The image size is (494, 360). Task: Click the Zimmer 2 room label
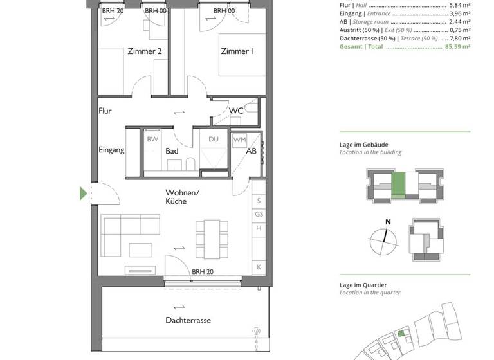click(144, 52)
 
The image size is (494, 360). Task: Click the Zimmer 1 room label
click(237, 52)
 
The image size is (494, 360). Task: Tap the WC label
click(236, 111)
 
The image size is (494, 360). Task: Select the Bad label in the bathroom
click(172, 151)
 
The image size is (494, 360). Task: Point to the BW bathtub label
click(152, 139)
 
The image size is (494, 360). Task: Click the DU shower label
click(214, 139)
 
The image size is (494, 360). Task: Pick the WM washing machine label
click(239, 139)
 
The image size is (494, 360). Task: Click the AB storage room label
click(252, 151)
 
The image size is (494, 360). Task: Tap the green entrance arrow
click(83, 194)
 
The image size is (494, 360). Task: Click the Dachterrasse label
click(188, 320)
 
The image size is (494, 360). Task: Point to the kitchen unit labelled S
click(259, 201)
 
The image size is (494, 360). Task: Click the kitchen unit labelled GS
click(259, 215)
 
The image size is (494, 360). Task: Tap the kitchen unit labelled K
click(259, 267)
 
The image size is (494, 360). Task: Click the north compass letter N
click(387, 222)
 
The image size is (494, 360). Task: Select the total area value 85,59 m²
click(455, 47)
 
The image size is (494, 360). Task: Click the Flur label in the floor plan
click(105, 111)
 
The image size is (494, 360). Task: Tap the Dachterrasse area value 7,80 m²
click(459, 38)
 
